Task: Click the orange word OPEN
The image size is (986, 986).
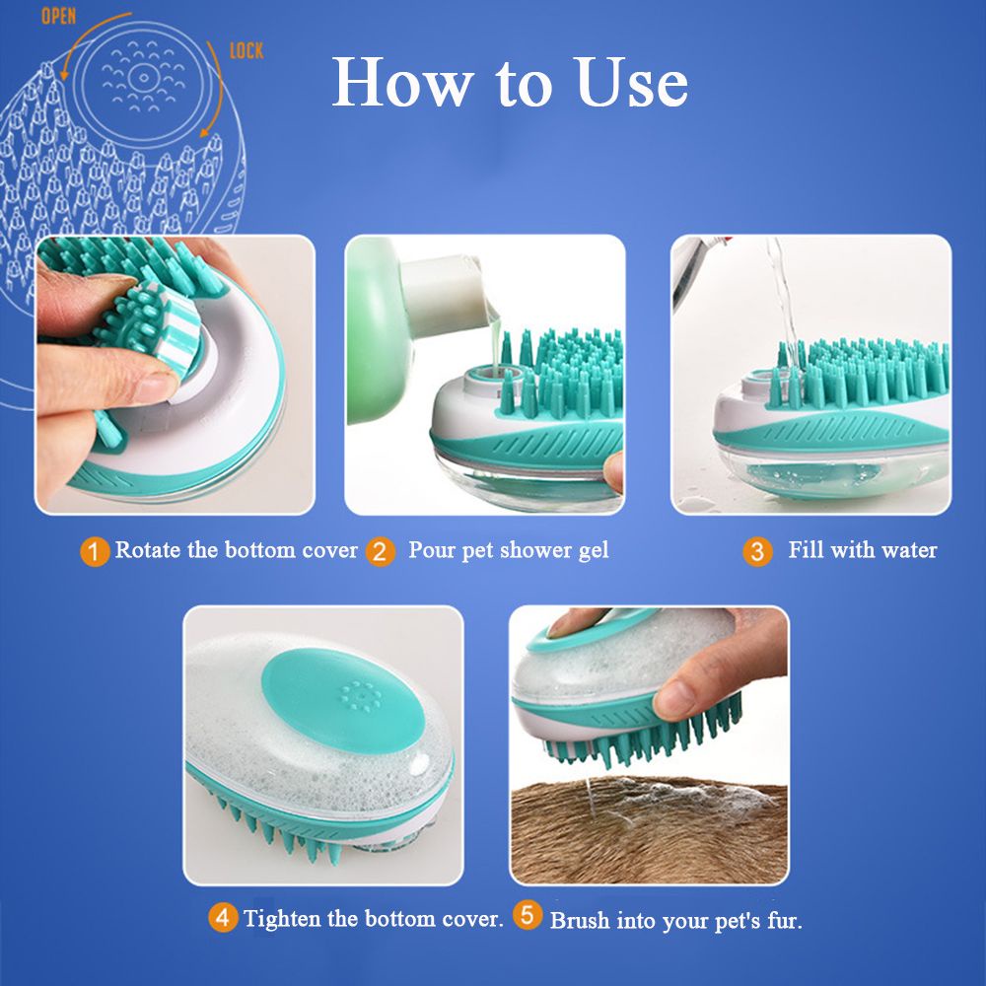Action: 58,17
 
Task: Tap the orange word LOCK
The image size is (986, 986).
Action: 246,51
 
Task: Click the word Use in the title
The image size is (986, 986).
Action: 631,83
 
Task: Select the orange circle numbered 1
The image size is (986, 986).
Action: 95,551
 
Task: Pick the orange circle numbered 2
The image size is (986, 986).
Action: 380,551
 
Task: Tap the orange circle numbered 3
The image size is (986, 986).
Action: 757,551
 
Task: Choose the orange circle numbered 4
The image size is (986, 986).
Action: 223,917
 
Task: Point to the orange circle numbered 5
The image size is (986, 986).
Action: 527,915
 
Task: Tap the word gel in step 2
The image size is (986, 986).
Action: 594,552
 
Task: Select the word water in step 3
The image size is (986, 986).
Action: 909,551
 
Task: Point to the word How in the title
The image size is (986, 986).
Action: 402,83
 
